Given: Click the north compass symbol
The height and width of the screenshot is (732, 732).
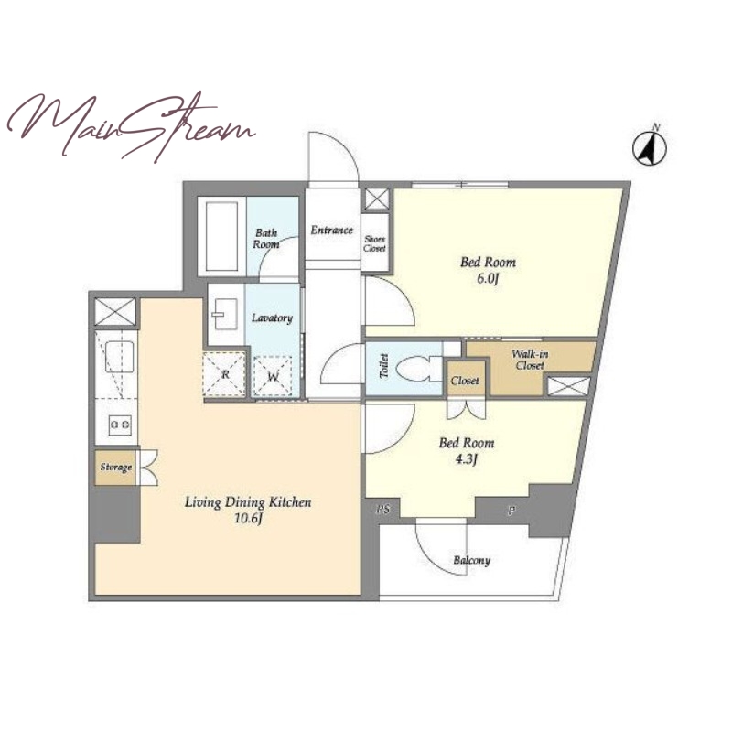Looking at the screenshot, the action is (x=650, y=147).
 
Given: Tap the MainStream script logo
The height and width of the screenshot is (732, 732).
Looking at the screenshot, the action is (x=131, y=126).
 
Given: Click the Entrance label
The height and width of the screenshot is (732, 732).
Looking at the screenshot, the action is (x=332, y=230).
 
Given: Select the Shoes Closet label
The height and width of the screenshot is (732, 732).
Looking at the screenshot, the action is (x=375, y=243).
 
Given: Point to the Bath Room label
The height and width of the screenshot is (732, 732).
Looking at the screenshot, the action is (x=266, y=239).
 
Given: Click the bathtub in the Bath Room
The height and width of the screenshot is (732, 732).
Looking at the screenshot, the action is (x=221, y=237).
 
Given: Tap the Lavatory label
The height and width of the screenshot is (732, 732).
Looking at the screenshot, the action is (x=272, y=318).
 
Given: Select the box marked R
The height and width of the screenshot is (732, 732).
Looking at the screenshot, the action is (x=224, y=374).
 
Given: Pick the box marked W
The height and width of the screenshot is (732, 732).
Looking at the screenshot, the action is (x=273, y=376).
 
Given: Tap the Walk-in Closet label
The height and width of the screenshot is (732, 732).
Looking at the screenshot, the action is (x=530, y=360).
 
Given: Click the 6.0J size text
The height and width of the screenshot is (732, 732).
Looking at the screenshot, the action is (x=488, y=280).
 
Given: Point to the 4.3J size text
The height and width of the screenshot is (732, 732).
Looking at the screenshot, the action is (x=467, y=460).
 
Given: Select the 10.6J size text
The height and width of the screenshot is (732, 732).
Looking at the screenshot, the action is (x=247, y=518).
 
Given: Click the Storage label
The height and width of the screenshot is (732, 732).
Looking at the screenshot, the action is (x=116, y=467).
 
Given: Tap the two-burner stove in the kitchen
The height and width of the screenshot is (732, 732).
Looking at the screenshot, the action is (x=120, y=425).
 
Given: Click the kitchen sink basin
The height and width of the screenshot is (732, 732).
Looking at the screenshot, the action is (x=120, y=357).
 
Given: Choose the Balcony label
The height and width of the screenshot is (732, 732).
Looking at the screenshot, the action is (x=471, y=560).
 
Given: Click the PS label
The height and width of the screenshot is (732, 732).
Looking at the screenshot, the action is (x=382, y=510).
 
